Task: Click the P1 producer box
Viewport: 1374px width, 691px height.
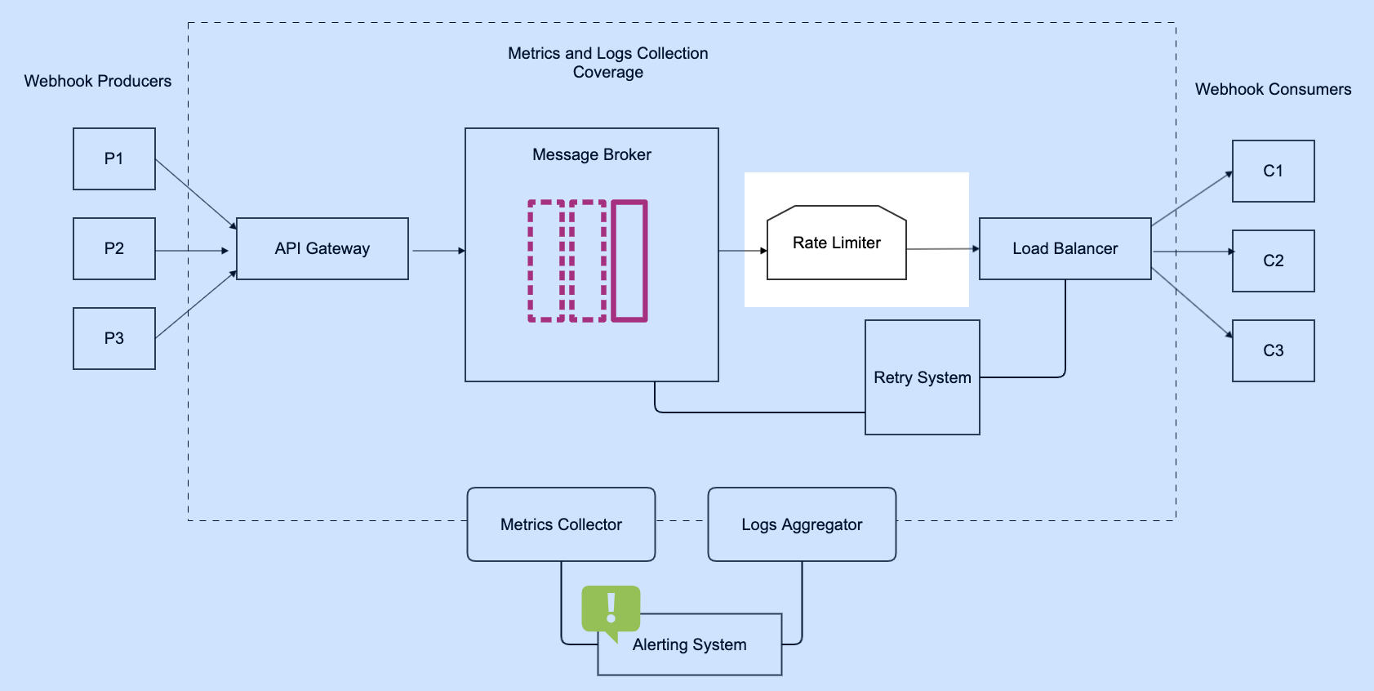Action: point(114,158)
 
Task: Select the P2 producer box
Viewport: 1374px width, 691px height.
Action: point(114,248)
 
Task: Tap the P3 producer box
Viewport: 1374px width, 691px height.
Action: point(114,338)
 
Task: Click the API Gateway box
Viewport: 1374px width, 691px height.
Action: point(322,248)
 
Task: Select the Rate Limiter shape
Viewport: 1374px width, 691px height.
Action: point(836,243)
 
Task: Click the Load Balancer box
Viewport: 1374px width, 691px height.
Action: point(1065,248)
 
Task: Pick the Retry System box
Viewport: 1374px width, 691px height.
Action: point(922,377)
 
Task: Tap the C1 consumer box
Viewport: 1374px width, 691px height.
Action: point(1273,171)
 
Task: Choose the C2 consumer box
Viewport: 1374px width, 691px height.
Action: point(1273,261)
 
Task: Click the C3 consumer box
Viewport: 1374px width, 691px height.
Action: point(1273,350)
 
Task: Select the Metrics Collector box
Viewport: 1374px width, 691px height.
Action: point(561,524)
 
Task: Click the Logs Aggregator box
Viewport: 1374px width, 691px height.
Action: point(802,524)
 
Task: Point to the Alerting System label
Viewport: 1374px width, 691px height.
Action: point(689,644)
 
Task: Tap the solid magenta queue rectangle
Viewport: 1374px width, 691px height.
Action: point(629,261)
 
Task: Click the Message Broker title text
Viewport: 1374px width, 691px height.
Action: point(591,154)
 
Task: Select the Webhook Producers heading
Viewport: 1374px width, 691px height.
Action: point(98,81)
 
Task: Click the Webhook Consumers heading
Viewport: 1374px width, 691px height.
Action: point(1273,89)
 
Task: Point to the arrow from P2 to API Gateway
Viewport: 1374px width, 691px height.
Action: point(192,251)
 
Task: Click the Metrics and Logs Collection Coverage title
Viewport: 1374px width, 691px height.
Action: point(607,62)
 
